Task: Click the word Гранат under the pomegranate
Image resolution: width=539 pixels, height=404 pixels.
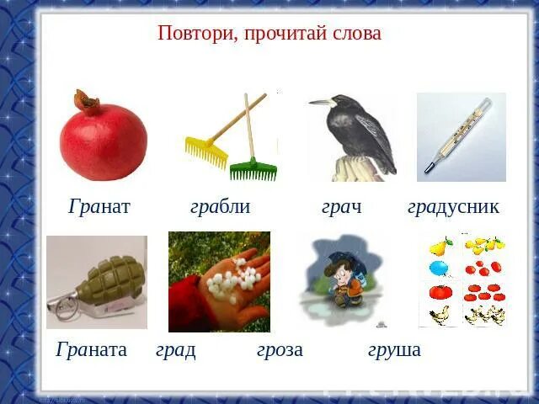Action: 99,207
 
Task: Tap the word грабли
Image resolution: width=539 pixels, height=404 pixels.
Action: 220,207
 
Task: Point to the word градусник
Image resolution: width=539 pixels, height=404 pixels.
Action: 453,207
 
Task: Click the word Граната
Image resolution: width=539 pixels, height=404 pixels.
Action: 92,349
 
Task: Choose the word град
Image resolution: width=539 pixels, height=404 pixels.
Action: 176,350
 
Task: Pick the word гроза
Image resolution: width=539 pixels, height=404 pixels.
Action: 280,350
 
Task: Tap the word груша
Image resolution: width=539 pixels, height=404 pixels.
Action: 394,350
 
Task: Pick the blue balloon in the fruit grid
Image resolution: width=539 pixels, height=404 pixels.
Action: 439,268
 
